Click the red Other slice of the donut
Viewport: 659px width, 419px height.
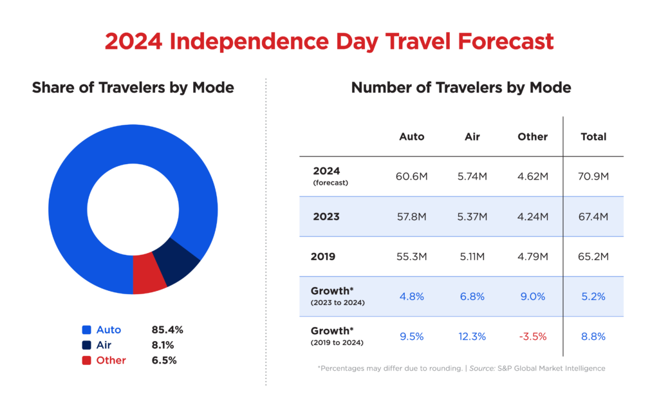pyautogui.click(x=149, y=275)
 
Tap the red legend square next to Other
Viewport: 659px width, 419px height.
pyautogui.click(x=86, y=360)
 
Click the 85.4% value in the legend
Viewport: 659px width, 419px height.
pyautogui.click(x=167, y=330)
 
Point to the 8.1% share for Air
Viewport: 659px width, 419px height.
pyautogui.click(x=162, y=345)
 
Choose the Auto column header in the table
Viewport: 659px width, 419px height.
pyautogui.click(x=412, y=136)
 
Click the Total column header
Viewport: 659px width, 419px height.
pyautogui.click(x=593, y=136)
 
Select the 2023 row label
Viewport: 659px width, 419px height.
pyautogui.click(x=326, y=216)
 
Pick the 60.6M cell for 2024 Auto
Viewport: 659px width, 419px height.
pyautogui.click(x=412, y=176)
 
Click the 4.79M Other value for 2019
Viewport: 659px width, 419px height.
pyautogui.click(x=532, y=256)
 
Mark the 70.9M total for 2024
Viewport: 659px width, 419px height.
pyautogui.click(x=593, y=176)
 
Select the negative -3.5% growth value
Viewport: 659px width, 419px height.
pyautogui.click(x=532, y=336)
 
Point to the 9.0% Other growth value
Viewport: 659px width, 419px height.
pyautogui.click(x=532, y=296)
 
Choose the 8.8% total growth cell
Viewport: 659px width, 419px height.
pyautogui.click(x=593, y=336)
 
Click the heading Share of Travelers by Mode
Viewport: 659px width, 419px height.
pyautogui.click(x=133, y=88)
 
